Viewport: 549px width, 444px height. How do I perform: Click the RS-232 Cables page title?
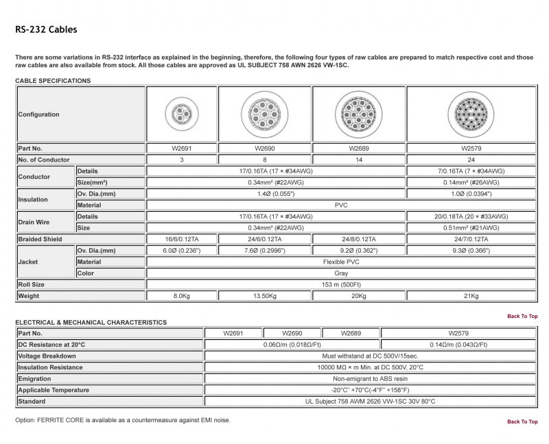tap(46, 29)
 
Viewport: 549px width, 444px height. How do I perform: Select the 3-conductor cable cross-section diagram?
tap(180, 113)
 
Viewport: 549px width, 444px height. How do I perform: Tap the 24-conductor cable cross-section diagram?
tap(471, 113)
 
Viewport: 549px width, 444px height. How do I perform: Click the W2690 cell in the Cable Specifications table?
tap(264, 148)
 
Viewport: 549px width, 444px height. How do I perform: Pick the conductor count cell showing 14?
tap(358, 160)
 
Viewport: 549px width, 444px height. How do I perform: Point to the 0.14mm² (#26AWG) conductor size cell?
tap(471, 182)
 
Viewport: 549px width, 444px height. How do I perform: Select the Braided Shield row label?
tap(40, 239)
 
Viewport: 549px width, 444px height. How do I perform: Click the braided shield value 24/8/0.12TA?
tap(358, 239)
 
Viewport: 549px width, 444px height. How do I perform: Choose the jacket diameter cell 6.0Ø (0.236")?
tap(180, 251)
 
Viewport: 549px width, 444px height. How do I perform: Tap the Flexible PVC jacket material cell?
tap(342, 262)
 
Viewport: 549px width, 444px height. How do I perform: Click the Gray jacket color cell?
tap(342, 273)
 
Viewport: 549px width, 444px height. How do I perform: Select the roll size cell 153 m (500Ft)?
tap(342, 284)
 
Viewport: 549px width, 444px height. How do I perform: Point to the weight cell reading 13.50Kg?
tap(264, 296)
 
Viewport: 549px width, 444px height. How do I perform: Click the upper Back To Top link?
tap(522, 316)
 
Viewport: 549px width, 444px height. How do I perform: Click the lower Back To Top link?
tap(522, 421)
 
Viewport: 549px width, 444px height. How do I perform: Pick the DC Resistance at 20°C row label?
tap(51, 345)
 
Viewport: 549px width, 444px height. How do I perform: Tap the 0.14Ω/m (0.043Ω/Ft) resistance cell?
tap(458, 345)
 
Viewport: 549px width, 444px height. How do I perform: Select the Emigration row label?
tap(35, 378)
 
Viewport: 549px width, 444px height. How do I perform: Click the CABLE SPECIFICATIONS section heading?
tap(53, 81)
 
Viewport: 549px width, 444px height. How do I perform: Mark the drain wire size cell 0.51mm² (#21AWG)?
tap(471, 227)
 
